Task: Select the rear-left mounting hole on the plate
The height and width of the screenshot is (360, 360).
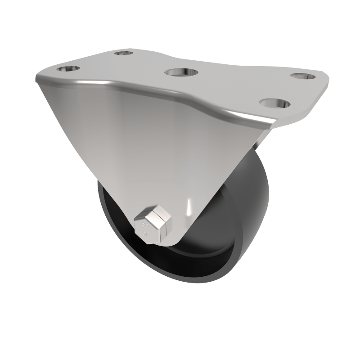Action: click(x=124, y=54)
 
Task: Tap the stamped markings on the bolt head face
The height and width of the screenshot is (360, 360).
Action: click(x=146, y=229)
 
